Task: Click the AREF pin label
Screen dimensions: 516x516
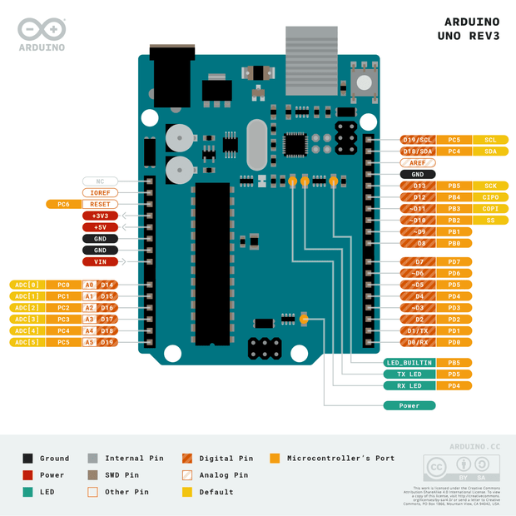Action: point(418,163)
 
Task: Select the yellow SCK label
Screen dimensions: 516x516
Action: point(490,186)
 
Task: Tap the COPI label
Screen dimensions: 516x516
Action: point(490,209)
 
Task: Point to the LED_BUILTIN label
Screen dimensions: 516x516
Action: point(409,363)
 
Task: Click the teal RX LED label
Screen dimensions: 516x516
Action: point(409,386)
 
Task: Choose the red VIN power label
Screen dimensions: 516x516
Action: point(100,261)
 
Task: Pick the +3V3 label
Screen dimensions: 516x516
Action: point(100,216)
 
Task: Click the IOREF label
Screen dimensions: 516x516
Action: point(100,192)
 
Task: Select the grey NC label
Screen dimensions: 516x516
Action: point(100,181)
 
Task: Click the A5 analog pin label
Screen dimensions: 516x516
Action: point(89,342)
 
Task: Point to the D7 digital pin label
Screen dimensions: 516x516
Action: point(419,261)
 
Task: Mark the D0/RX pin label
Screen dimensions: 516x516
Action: point(419,342)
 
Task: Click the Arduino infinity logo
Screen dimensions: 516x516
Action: point(42,30)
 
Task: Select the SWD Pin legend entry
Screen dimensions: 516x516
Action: point(116,475)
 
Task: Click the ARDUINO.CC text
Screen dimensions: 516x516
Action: point(474,447)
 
